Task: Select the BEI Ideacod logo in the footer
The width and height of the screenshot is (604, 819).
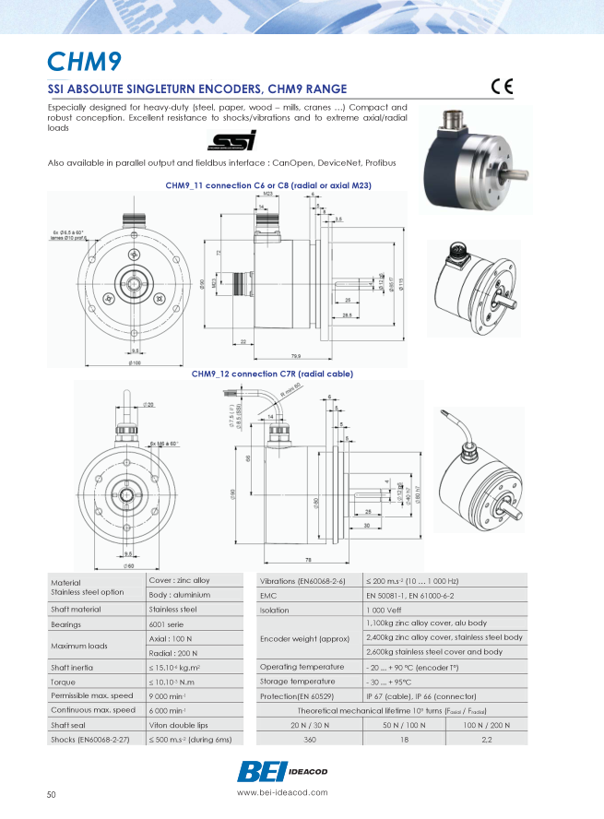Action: click(282, 770)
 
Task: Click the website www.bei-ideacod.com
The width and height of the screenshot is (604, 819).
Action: click(281, 792)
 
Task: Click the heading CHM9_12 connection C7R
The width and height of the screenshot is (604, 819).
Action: click(272, 374)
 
